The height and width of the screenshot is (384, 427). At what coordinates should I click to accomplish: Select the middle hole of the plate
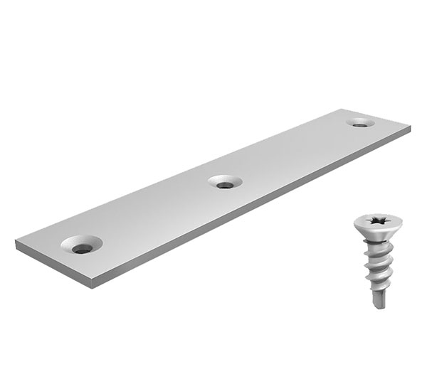225,183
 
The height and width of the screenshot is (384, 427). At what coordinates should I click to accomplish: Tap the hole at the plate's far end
361,123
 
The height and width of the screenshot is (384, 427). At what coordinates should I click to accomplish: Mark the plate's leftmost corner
15,245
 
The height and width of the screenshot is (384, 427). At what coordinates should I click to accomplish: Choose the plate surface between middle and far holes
292,153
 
